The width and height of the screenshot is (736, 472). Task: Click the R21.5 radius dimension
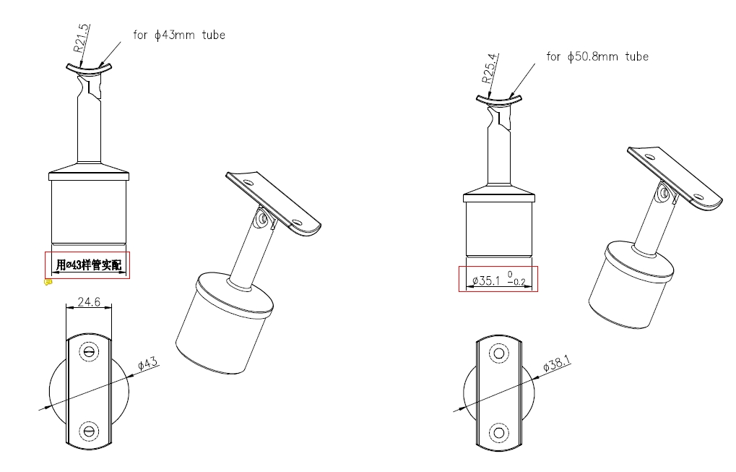[81, 38]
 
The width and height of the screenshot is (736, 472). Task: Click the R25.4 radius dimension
[489, 68]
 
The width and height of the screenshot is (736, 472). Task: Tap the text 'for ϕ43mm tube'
[179, 35]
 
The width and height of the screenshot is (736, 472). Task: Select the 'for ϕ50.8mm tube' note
[597, 57]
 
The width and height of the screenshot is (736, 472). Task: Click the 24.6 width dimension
[89, 301]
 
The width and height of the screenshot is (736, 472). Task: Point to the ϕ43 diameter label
[148, 364]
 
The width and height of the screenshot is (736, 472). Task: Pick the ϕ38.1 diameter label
[557, 363]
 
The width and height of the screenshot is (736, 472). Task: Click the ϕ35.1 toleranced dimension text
[498, 280]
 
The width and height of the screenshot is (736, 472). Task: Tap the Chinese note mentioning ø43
[89, 265]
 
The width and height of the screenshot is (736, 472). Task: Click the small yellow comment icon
[48, 283]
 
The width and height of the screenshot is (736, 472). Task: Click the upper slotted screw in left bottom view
[89, 351]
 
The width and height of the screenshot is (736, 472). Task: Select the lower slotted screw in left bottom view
[89, 431]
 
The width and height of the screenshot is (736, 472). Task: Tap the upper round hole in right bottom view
[499, 353]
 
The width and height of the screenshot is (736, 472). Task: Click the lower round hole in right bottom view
[499, 432]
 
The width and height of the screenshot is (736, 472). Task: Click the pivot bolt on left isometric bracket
[262, 219]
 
